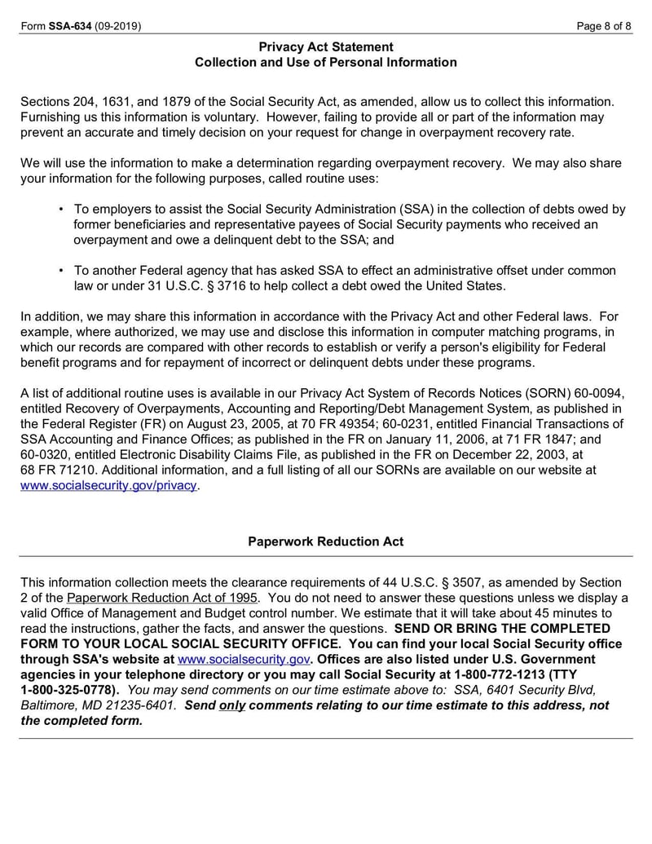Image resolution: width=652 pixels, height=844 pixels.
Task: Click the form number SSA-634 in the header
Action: [x=70, y=26]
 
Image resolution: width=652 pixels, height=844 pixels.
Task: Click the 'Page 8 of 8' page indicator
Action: [x=604, y=26]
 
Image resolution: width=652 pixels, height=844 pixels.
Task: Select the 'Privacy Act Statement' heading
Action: [x=326, y=47]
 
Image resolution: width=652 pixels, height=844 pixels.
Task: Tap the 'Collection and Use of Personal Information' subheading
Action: [x=326, y=63]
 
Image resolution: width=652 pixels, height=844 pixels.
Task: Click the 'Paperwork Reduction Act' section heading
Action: [x=326, y=541]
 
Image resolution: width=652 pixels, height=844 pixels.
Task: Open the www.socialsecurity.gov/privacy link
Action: [x=108, y=485]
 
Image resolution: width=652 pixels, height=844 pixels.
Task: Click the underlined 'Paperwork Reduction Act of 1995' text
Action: [x=162, y=598]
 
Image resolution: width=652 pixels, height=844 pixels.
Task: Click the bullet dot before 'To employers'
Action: [x=61, y=210]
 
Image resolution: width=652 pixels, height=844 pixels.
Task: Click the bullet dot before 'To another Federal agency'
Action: [x=61, y=271]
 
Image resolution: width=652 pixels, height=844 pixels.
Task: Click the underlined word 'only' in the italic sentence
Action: [x=232, y=705]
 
